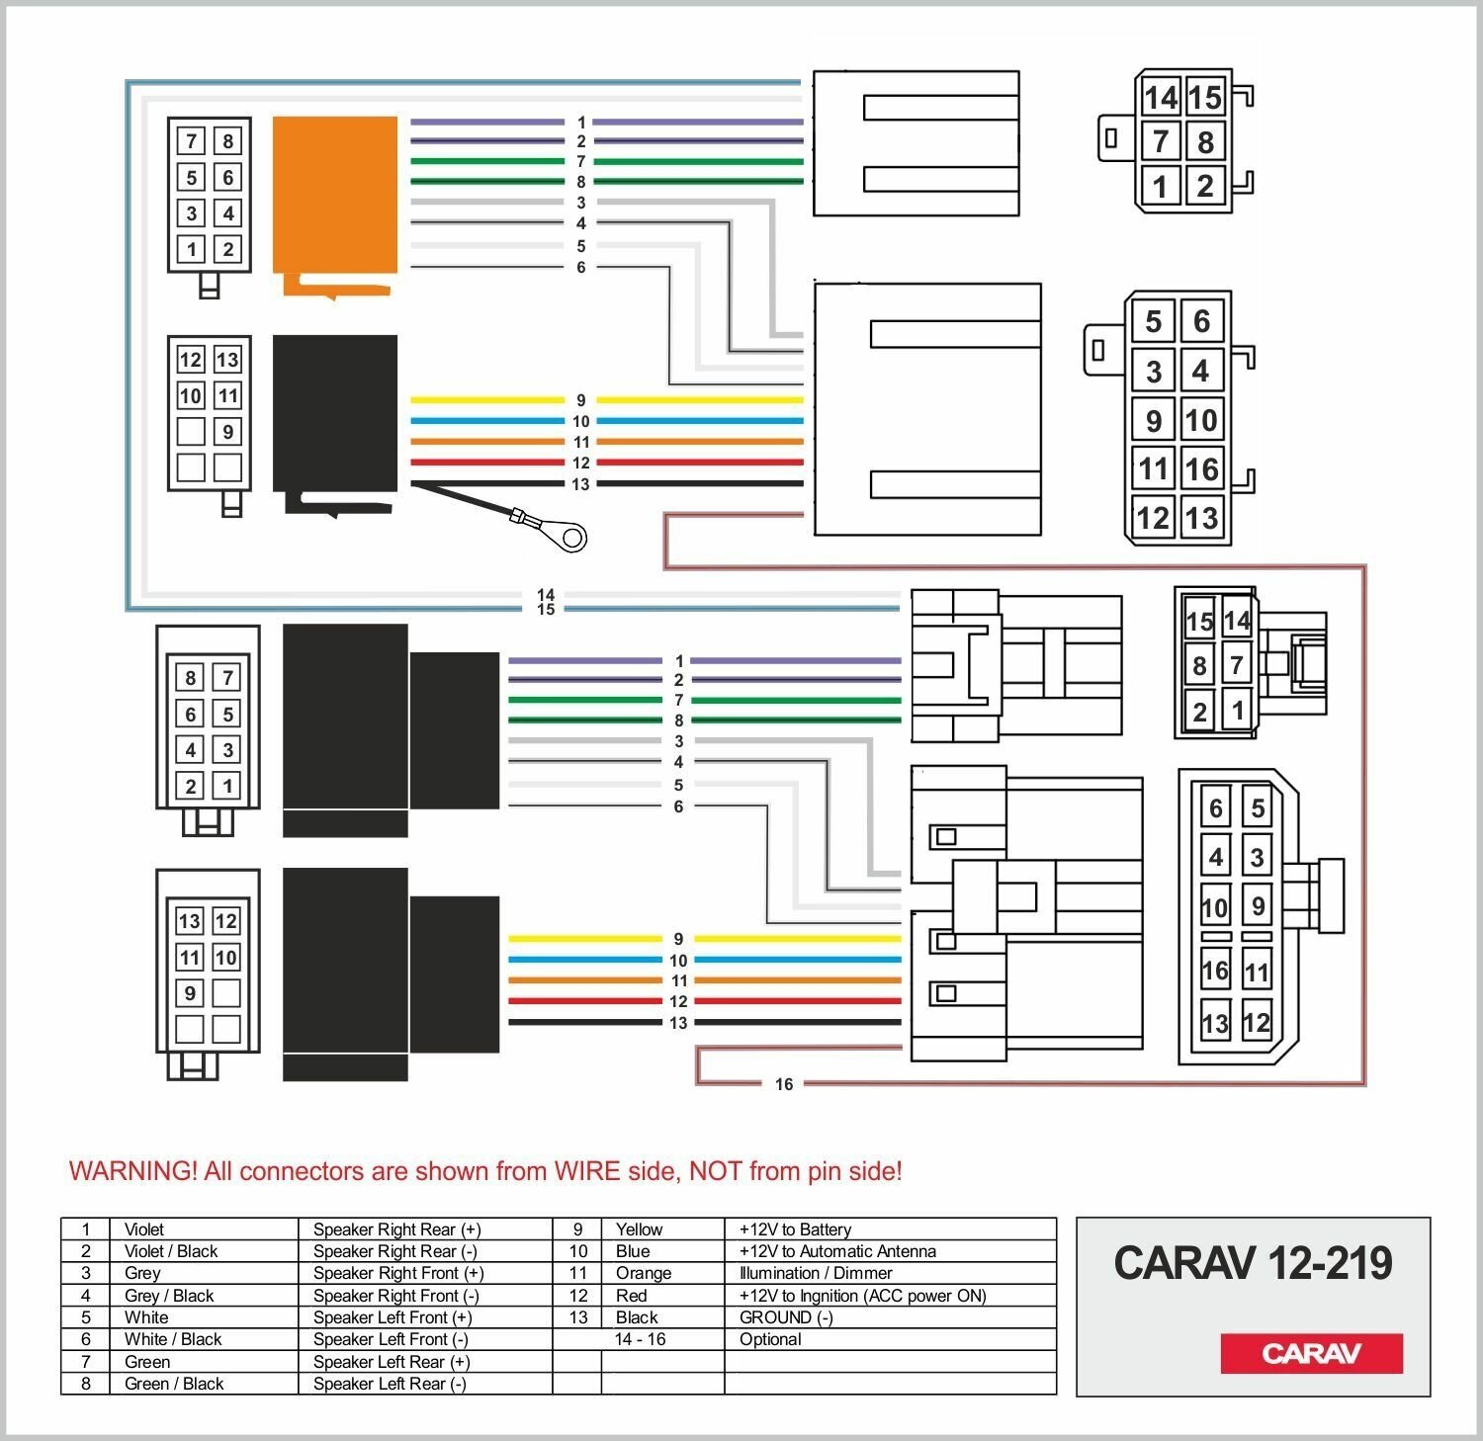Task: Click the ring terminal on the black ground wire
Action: click(x=570, y=537)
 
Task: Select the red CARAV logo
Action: click(x=1311, y=1353)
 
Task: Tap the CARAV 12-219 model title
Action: click(x=1253, y=1263)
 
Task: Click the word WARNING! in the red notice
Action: click(x=132, y=1171)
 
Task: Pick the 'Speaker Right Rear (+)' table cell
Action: click(x=396, y=1229)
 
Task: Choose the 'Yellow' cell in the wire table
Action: click(x=639, y=1229)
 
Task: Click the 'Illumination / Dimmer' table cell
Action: click(x=816, y=1273)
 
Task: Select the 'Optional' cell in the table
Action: click(x=770, y=1339)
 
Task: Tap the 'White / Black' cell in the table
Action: click(x=173, y=1339)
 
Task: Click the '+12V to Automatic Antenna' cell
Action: click(x=837, y=1251)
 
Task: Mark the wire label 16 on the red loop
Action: click(x=784, y=1084)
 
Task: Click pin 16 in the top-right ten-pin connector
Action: click(x=1201, y=468)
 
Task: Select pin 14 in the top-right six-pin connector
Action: click(x=1161, y=97)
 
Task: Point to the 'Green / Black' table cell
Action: click(x=174, y=1384)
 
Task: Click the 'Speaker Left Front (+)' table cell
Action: click(x=393, y=1317)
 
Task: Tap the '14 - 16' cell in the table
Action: click(x=640, y=1339)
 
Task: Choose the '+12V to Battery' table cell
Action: click(x=795, y=1229)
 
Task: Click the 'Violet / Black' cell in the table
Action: click(x=171, y=1251)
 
